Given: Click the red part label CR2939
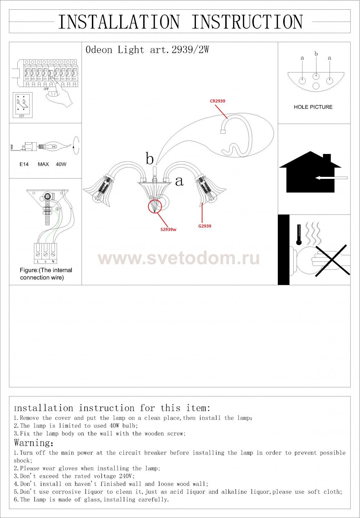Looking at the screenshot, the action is (x=217, y=101).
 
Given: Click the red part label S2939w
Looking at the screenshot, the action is (x=169, y=230).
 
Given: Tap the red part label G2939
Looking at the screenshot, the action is (x=205, y=226).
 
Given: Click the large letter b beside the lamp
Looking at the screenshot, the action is (x=150, y=159).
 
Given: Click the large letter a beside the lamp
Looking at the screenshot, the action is (x=179, y=181).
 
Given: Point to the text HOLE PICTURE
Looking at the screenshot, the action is (x=313, y=107).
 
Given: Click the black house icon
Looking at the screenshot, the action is (x=310, y=172).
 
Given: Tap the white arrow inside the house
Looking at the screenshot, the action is (x=331, y=178).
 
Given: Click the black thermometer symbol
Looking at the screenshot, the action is (x=299, y=235).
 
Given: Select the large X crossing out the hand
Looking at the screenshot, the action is (x=332, y=260).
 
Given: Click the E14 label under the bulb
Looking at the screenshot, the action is (x=24, y=164).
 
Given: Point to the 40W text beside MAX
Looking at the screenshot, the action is (x=61, y=164).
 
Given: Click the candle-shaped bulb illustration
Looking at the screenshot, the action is (x=55, y=146).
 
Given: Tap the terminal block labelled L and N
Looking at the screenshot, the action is (x=46, y=253).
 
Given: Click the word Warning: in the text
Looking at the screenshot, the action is (x=34, y=443).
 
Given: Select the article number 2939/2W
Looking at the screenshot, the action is (x=190, y=50).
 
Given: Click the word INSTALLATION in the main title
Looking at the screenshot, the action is (x=119, y=22).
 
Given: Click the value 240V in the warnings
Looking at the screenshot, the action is (x=127, y=476).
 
